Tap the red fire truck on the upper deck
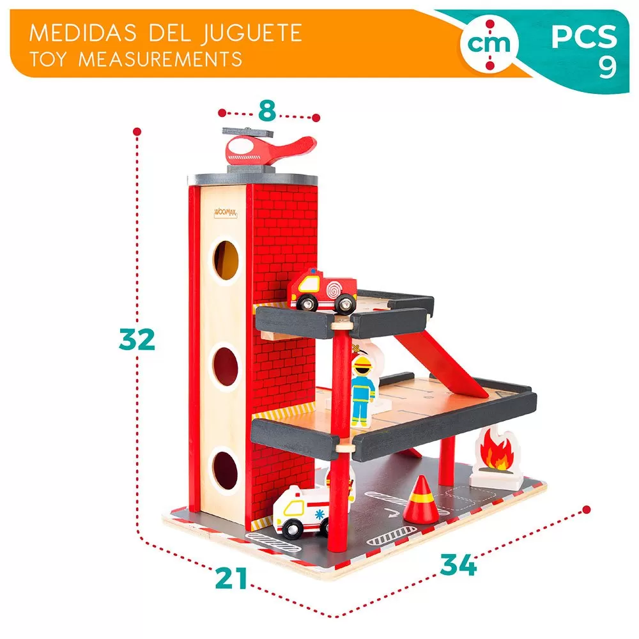pyautogui.click(x=322, y=291)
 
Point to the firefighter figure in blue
pyautogui.click(x=362, y=392)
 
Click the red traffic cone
pyautogui.click(x=421, y=500)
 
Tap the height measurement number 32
pyautogui.click(x=137, y=339)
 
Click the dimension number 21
pyautogui.click(x=231, y=578)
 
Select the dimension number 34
pyautogui.click(x=458, y=564)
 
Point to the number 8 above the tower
pyautogui.click(x=267, y=111)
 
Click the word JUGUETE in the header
pyautogui.click(x=252, y=33)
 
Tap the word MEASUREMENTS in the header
pyautogui.click(x=160, y=59)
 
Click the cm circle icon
pyautogui.click(x=489, y=44)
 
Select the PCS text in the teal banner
pyautogui.click(x=585, y=36)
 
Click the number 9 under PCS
pyautogui.click(x=608, y=67)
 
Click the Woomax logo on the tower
pyautogui.click(x=226, y=213)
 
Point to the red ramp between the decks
pyautogui.click(x=440, y=364)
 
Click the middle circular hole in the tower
pyautogui.click(x=226, y=366)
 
